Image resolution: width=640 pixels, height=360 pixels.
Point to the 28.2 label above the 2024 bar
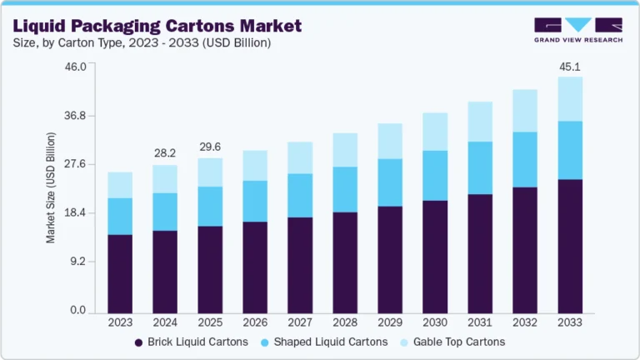coord(164,153)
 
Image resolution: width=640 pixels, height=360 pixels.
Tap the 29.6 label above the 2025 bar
coord(209,147)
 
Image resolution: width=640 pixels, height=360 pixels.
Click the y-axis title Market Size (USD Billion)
coord(51,187)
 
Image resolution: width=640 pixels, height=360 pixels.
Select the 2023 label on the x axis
coord(120,322)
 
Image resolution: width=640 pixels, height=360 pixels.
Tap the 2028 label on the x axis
coord(345,322)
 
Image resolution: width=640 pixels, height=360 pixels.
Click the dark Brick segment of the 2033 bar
coord(570,246)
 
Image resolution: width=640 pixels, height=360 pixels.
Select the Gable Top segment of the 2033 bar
coord(570,99)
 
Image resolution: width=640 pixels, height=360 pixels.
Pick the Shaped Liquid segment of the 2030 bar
coord(435,175)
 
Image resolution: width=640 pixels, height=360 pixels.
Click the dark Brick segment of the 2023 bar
coord(120,273)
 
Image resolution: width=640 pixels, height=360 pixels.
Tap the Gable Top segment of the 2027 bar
coord(300,157)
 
